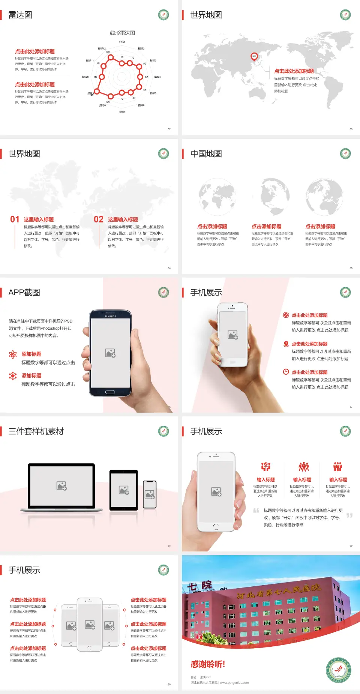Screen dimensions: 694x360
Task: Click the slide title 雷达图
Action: click(x=20, y=15)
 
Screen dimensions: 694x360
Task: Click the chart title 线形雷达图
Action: click(x=122, y=33)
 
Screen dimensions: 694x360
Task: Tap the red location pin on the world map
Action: click(x=254, y=57)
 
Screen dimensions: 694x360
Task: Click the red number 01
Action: click(x=15, y=219)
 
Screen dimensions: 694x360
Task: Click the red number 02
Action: click(x=99, y=219)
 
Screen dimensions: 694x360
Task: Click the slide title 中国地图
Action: click(x=206, y=154)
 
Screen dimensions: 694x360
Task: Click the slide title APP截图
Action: click(x=24, y=293)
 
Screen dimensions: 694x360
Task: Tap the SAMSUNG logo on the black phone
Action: click(x=110, y=316)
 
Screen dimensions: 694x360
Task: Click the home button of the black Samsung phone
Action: click(x=110, y=392)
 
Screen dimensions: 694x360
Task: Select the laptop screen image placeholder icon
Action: click(x=61, y=486)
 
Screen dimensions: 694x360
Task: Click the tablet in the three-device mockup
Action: click(x=124, y=490)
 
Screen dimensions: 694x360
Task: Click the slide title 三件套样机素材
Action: click(x=36, y=431)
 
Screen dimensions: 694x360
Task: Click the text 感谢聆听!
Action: click(x=208, y=664)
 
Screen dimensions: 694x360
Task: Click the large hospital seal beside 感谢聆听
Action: click(x=339, y=670)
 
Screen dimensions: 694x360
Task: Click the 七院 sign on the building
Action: click(x=199, y=586)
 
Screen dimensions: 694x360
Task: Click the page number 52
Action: click(x=169, y=129)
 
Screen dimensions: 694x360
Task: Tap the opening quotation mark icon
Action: click(x=256, y=510)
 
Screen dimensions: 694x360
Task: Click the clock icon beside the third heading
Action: click(x=286, y=372)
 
